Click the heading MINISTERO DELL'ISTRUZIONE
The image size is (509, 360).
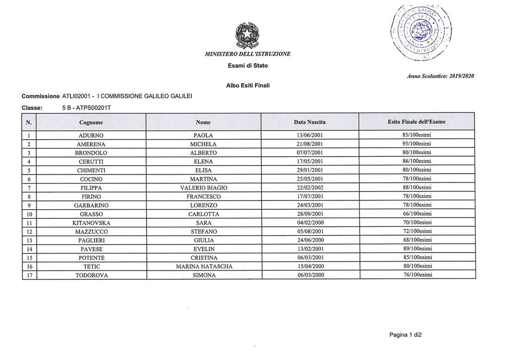247,54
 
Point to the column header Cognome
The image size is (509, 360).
91,122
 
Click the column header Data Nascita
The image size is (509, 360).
310,122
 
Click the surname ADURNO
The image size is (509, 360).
91,135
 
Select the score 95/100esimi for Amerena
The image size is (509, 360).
417,144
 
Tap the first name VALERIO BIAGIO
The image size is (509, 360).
204,187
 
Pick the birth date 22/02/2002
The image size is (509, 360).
310,187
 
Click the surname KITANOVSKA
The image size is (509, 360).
91,223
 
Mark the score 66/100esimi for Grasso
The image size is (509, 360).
417,214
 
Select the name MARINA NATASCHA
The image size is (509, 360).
204,267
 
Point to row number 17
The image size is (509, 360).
29,275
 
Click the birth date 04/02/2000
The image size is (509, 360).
310,223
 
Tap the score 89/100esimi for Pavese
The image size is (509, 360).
417,249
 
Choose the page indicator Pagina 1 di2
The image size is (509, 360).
406,335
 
